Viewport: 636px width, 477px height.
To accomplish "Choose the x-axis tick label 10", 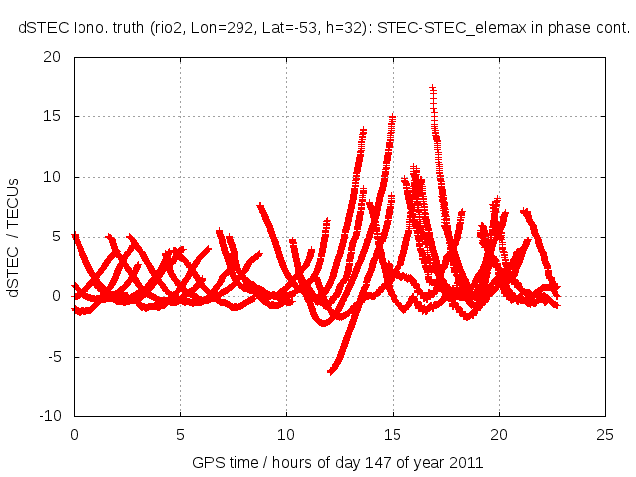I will [x=286, y=434].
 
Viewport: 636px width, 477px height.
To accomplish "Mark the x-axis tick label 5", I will [x=180, y=434].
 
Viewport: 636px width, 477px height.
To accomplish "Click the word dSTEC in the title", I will [x=39, y=29].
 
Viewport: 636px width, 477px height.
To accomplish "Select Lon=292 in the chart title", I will [x=210, y=29].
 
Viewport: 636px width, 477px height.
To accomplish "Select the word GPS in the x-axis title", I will [x=208, y=463].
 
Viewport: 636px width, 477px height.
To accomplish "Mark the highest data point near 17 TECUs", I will [x=433, y=88].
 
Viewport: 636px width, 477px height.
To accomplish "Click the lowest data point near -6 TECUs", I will [x=330, y=372].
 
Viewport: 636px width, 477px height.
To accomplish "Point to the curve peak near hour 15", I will [x=393, y=117].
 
